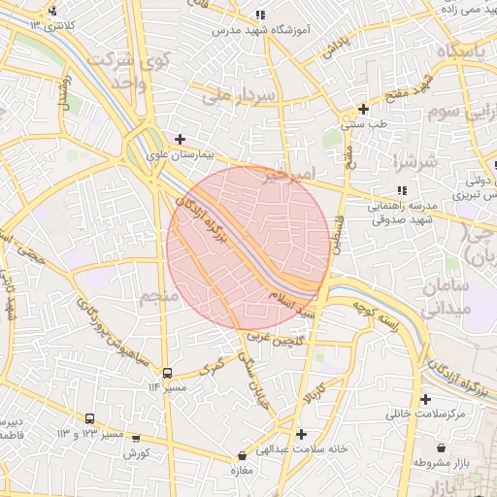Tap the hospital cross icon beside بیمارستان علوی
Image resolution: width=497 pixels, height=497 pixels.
180,139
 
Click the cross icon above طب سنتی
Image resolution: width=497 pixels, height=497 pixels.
363,109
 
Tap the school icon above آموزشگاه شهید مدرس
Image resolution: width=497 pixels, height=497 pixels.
259,16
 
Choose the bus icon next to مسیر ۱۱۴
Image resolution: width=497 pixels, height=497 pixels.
168,373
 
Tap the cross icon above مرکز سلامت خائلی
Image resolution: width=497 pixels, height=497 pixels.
425,399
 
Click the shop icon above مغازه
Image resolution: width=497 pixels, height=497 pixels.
242,455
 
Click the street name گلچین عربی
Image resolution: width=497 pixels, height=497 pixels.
274,341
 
